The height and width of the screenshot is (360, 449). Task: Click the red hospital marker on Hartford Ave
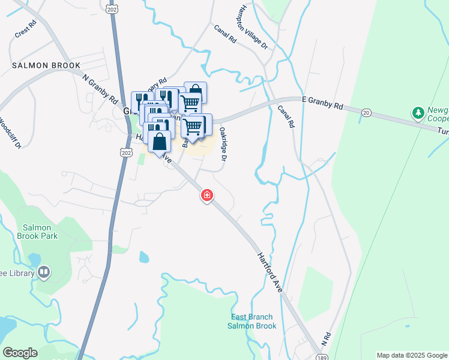pos(207,195)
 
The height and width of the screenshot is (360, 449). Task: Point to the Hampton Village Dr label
pos(252,28)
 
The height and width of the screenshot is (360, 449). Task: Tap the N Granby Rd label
pos(100,89)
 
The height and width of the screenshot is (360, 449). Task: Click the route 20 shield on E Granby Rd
pos(367,113)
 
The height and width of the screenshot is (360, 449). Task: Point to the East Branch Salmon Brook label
pos(252,321)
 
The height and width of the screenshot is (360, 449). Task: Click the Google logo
pos(20,353)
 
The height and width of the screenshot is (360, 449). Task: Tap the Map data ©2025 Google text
pos(412,355)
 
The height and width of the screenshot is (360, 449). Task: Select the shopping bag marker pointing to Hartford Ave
pos(159,144)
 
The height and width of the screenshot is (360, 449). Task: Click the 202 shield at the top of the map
pos(112,10)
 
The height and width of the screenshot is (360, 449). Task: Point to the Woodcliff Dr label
pos(10,133)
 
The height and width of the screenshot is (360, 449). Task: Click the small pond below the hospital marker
pos(144,257)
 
